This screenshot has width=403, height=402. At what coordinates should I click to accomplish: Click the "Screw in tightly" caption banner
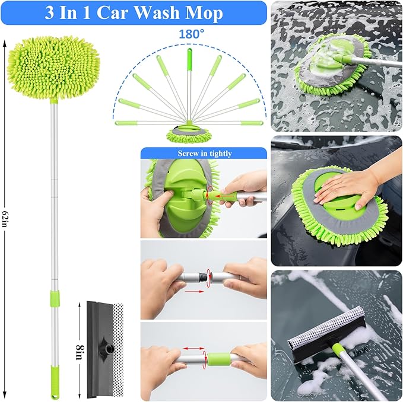[204, 154]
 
